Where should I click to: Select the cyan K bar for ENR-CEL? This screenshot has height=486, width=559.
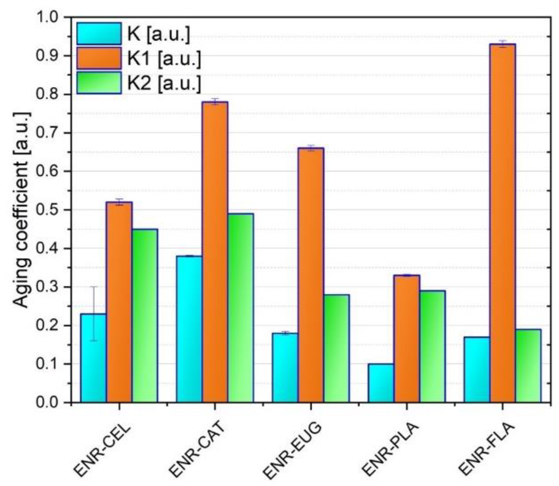click(x=93, y=359)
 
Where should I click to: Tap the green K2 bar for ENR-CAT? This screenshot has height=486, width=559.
click(x=241, y=308)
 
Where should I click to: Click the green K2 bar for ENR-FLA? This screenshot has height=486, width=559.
click(x=528, y=366)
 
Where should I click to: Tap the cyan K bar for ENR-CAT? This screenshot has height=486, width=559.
click(x=189, y=329)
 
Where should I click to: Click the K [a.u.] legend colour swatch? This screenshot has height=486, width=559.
click(x=99, y=34)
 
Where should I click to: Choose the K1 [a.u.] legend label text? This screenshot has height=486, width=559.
click(x=164, y=59)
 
